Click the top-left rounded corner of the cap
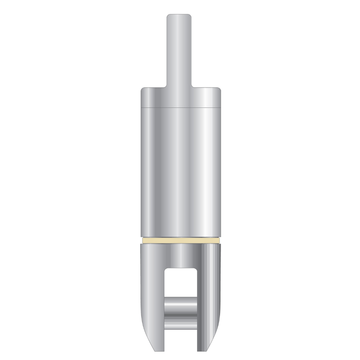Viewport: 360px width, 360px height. [x=143, y=91]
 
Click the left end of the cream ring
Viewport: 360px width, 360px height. [x=141, y=240]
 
